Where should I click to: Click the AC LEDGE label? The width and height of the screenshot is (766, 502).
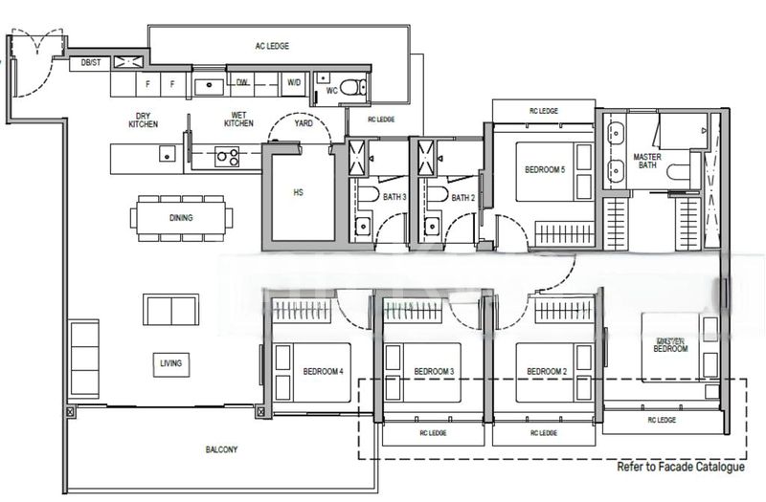pos(272,45)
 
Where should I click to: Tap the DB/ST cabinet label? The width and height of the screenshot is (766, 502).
pos(91,63)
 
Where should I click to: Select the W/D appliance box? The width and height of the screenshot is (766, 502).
pos(293,84)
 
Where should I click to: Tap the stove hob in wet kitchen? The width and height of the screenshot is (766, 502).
pos(227,155)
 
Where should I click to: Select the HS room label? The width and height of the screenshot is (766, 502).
pos(298,192)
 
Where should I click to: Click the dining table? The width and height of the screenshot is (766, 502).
pos(181,218)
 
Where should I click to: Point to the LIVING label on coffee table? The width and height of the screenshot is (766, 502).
pos(171,363)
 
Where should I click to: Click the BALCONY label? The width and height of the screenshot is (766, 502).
pos(221,449)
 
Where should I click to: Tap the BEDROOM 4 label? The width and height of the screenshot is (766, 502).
pos(323,371)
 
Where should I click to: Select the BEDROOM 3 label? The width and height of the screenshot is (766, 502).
pos(434,371)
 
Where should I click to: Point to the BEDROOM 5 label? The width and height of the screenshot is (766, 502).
pos(545,170)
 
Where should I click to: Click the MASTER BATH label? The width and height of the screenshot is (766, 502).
pos(648,161)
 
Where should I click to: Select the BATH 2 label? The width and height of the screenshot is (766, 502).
pos(463,198)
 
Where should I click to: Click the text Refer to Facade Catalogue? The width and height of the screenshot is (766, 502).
pos(681,469)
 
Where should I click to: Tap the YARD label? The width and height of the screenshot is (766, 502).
pos(304,123)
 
